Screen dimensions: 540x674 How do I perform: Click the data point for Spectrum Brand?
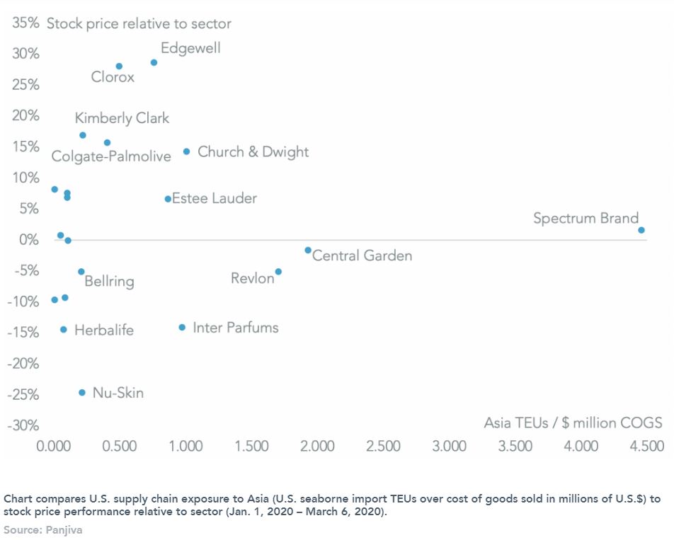click(x=641, y=230)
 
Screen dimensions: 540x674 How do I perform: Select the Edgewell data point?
click(x=154, y=62)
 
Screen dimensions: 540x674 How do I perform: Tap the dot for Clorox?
click(x=119, y=66)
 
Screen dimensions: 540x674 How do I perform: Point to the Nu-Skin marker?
click(x=81, y=392)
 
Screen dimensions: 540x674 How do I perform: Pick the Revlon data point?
click(x=278, y=272)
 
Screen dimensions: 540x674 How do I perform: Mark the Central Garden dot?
click(x=308, y=250)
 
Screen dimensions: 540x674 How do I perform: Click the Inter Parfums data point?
click(x=182, y=327)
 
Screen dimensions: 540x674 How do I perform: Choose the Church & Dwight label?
click(x=253, y=152)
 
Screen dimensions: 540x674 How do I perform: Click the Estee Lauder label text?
click(x=215, y=199)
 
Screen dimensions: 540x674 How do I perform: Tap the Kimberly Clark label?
click(x=122, y=118)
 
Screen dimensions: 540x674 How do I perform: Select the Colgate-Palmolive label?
click(x=111, y=156)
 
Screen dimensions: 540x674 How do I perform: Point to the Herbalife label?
click(x=103, y=330)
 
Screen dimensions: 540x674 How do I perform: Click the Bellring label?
click(x=109, y=282)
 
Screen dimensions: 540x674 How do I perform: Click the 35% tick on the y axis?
click(x=25, y=23)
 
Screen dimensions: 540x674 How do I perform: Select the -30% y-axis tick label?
click(x=23, y=425)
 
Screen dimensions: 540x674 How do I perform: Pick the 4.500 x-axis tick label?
click(x=647, y=447)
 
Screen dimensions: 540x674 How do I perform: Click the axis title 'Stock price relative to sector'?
click(x=139, y=24)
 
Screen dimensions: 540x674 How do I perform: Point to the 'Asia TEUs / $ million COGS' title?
click(x=573, y=423)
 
